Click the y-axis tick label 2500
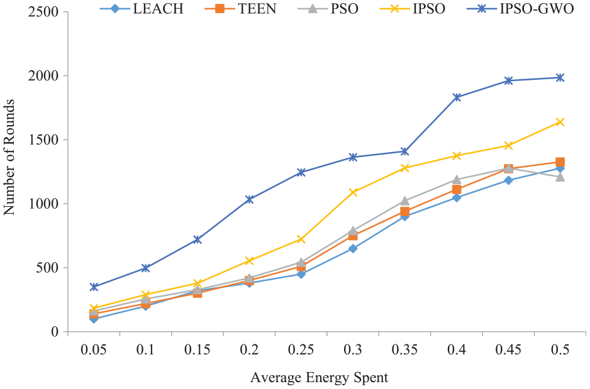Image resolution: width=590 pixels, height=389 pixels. click(x=43, y=12)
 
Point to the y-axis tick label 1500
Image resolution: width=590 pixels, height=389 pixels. click(x=43, y=140)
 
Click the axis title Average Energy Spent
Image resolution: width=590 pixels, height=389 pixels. click(x=319, y=378)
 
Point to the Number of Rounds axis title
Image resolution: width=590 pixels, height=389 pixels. click(x=10, y=172)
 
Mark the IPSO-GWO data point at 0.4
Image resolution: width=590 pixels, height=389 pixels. click(x=457, y=97)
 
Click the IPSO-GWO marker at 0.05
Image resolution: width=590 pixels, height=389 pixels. click(x=94, y=287)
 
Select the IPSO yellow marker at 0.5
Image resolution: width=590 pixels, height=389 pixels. click(x=560, y=122)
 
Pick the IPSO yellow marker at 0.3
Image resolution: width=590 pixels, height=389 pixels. click(x=353, y=192)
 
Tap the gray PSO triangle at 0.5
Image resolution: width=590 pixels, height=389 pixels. click(x=560, y=177)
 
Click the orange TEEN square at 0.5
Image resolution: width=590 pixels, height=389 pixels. click(x=560, y=162)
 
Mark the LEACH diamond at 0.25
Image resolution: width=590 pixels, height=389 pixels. click(x=301, y=274)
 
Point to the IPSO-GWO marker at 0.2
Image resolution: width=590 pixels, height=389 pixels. click(x=249, y=199)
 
